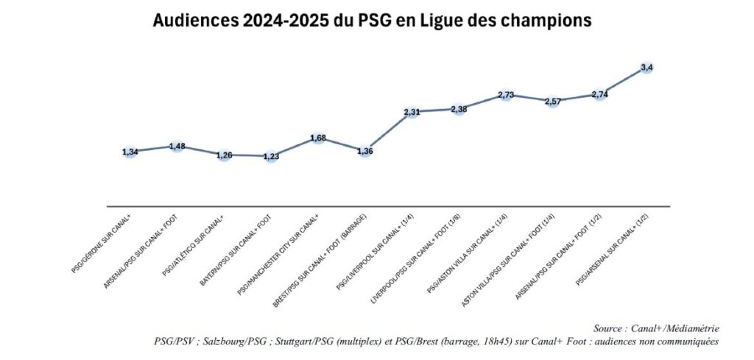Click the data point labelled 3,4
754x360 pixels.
point(647,68)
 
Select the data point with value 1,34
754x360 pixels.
point(130,152)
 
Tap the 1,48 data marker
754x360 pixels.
point(177,147)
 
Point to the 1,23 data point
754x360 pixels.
point(271,156)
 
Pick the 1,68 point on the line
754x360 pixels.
point(318,138)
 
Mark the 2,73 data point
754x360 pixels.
point(505,96)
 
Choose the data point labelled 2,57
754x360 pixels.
point(552,102)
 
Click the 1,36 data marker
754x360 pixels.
point(364,152)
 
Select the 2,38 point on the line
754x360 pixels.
point(459,110)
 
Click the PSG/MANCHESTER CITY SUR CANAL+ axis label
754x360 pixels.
point(279,252)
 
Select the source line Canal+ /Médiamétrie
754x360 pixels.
point(656,328)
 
